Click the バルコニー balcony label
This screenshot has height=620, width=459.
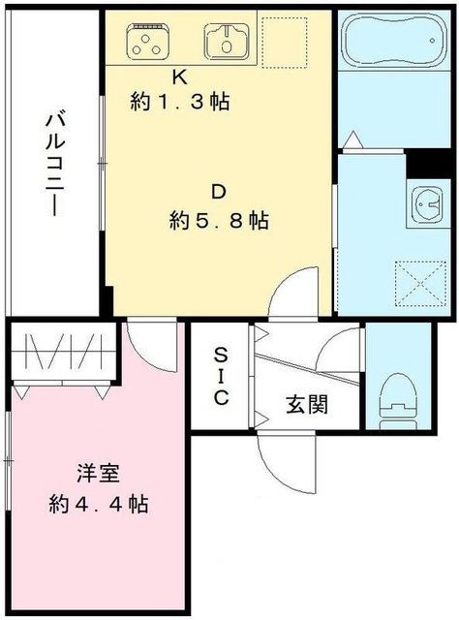[55, 165]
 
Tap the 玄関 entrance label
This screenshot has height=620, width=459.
[307, 404]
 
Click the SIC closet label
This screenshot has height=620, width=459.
[221, 376]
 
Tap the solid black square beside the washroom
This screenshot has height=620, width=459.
[422, 165]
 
